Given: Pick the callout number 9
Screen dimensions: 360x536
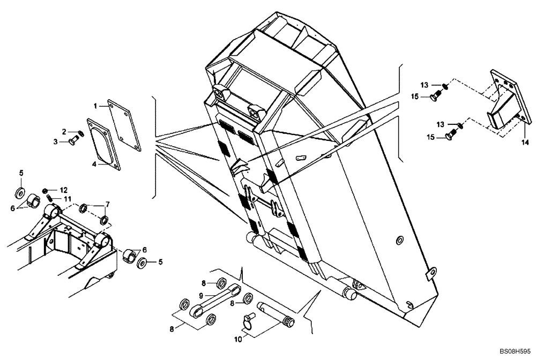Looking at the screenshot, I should pyautogui.click(x=201, y=295).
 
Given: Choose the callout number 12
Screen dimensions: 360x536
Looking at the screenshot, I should pyautogui.click(x=63, y=190).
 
